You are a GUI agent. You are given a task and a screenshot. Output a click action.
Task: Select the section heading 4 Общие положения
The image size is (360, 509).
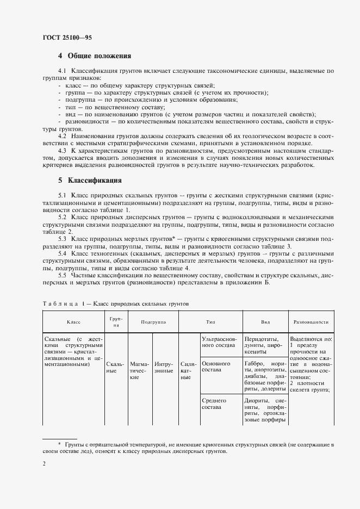95,56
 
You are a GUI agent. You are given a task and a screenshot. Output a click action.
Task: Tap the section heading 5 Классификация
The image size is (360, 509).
90,180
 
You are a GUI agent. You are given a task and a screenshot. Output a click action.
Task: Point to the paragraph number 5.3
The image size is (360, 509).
62,239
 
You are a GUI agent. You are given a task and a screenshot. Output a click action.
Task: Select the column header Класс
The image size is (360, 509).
73,322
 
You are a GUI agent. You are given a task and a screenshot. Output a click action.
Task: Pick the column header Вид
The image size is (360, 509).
266,322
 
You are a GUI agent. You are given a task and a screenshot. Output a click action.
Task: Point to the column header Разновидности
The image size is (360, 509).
311,322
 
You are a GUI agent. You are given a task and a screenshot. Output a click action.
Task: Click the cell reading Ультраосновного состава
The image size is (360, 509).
219,341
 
